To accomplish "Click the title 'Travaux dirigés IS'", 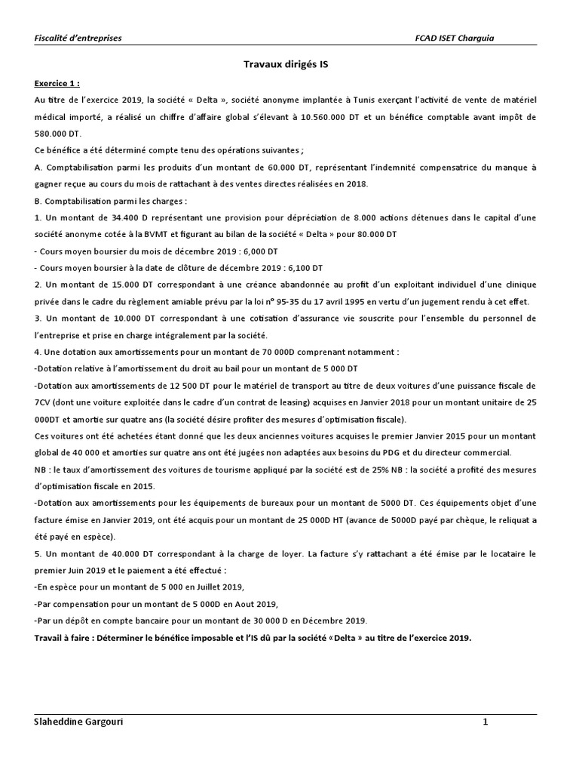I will (289, 66).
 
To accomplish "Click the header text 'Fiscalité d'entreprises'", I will (78, 37).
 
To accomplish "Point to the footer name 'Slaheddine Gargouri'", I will (79, 722).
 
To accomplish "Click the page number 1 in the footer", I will (486, 722).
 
